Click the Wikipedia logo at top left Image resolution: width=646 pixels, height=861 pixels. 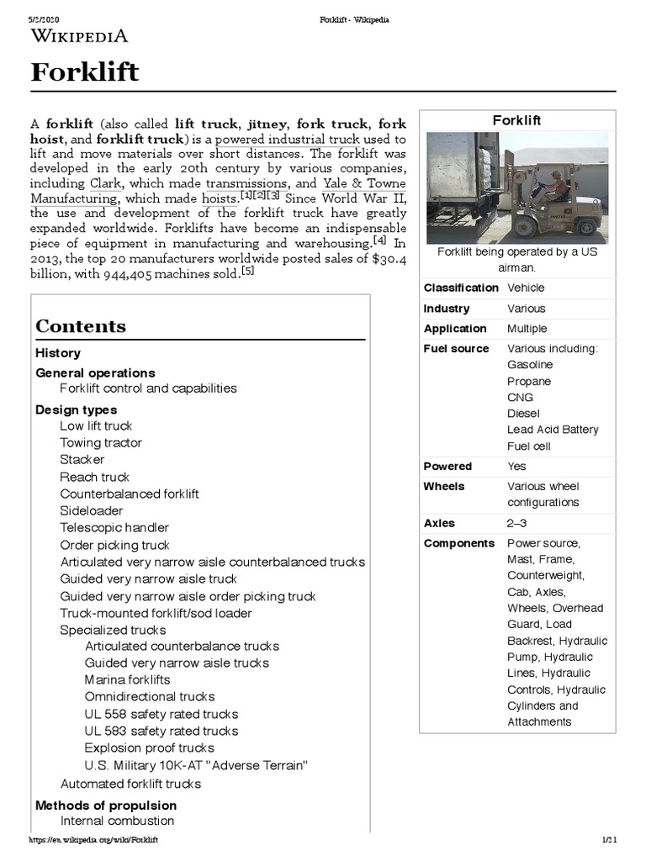tap(79, 35)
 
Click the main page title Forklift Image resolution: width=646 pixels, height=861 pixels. tap(85, 73)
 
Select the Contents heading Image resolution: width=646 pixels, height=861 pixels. tap(81, 326)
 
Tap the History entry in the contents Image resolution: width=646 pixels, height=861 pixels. tap(58, 353)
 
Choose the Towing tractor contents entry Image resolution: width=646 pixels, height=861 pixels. tap(101, 442)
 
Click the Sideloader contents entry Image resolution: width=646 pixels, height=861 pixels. tap(91, 510)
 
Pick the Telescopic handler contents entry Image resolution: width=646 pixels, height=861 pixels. tap(114, 527)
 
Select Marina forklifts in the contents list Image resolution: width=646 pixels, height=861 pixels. tap(127, 679)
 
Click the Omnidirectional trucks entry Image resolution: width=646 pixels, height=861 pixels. tap(150, 696)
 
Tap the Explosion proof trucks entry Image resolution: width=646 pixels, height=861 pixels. tap(149, 747)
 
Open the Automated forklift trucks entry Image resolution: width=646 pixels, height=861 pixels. tap(130, 784)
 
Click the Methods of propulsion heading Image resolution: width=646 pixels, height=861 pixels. tap(104, 806)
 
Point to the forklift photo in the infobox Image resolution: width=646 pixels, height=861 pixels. tap(516, 187)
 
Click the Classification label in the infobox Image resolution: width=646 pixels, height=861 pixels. tap(461, 288)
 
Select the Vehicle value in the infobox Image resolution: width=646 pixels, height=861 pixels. tap(526, 288)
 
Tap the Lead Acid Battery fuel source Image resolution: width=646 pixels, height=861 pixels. tap(553, 430)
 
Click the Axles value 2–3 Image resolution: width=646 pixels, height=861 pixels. tap(517, 523)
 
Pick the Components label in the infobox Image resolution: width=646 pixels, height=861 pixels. tap(459, 543)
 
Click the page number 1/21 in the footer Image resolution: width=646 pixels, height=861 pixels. tap(610, 840)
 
